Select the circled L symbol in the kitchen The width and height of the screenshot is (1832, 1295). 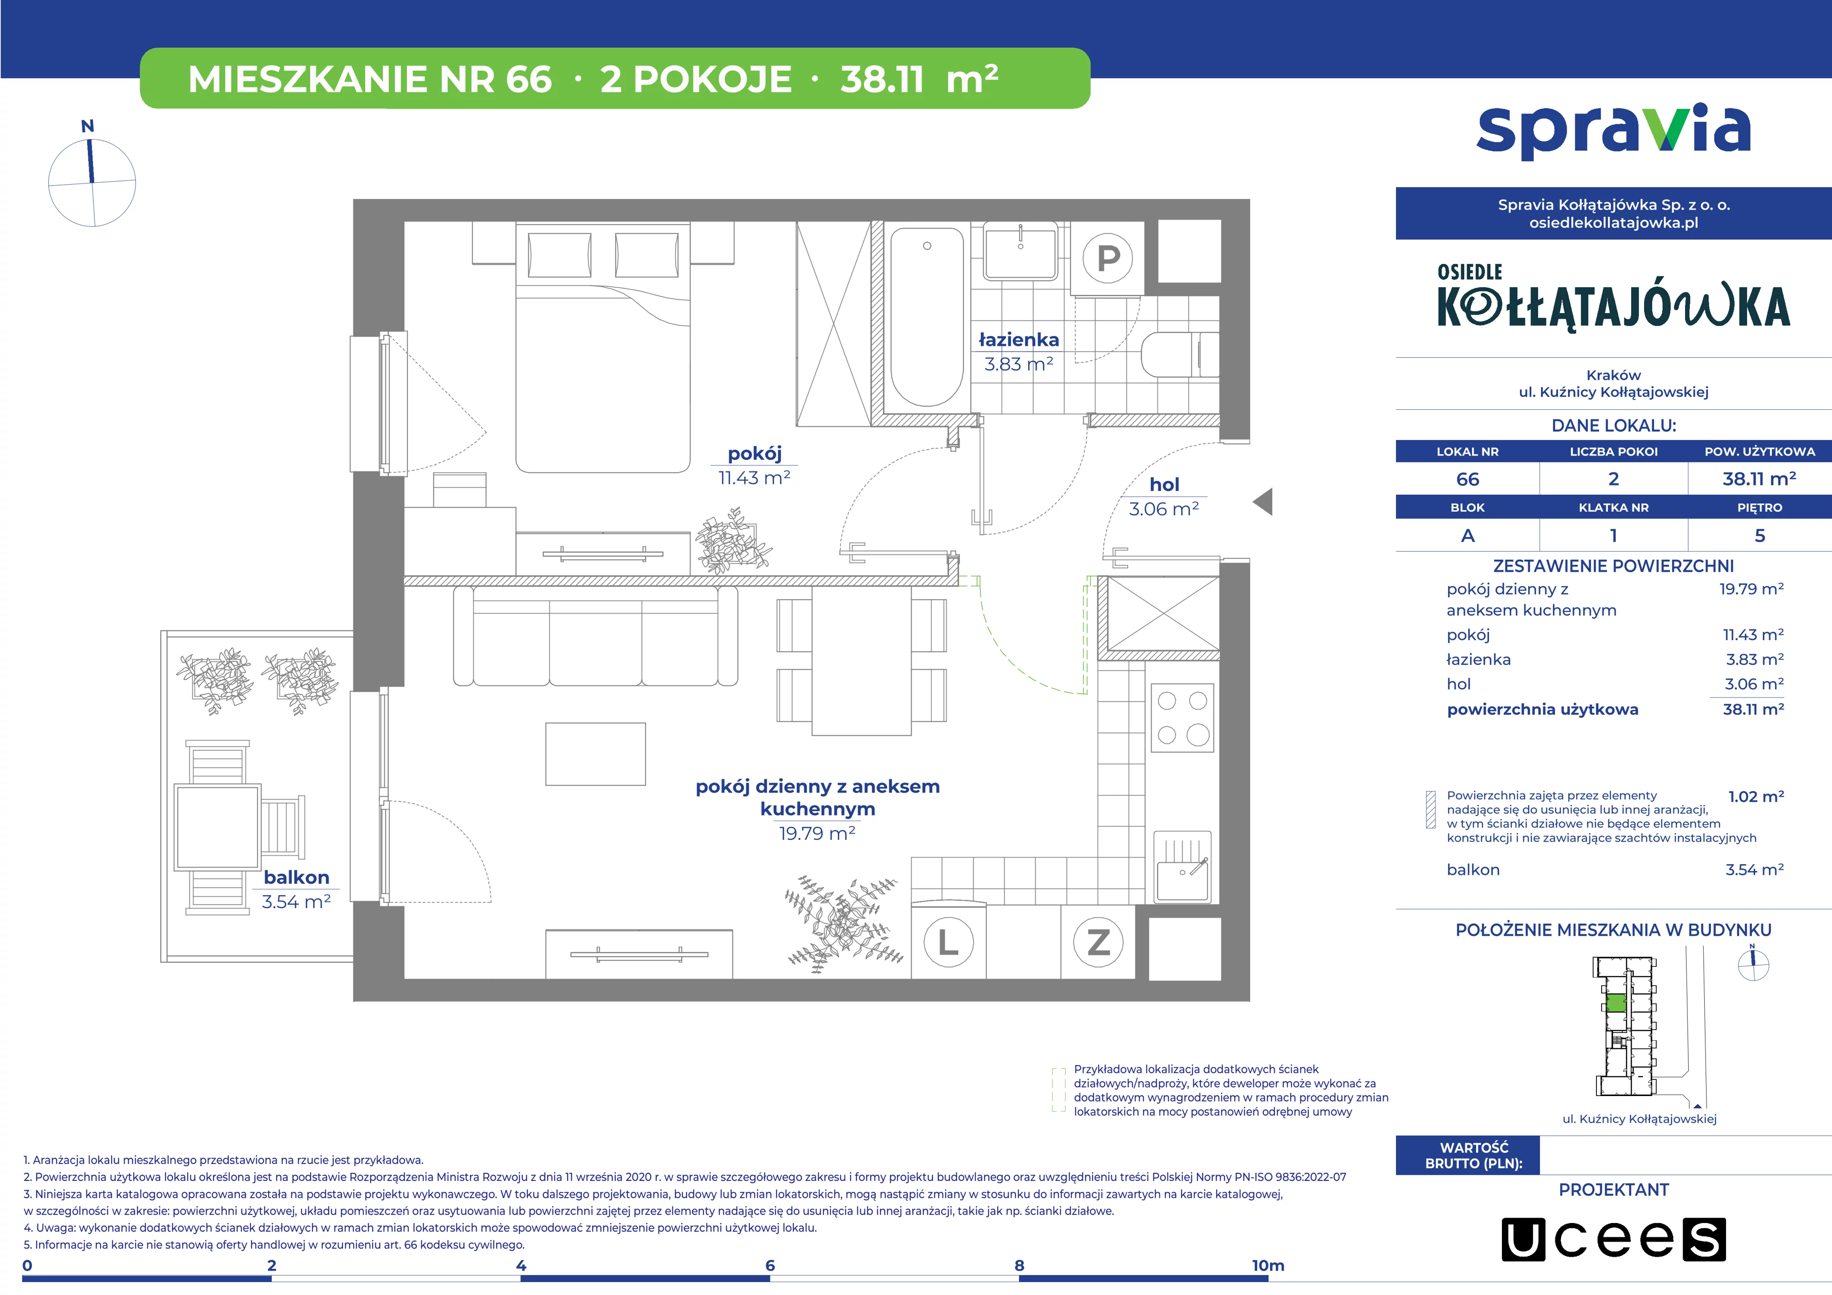point(948,942)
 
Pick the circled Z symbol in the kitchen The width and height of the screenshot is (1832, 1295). point(1099,942)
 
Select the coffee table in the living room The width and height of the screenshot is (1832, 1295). point(595,754)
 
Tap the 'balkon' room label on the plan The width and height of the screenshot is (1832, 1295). point(297,877)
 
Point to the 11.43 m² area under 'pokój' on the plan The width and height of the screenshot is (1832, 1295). point(754,478)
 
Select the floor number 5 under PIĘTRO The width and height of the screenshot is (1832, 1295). point(1759,536)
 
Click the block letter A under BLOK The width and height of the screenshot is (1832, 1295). point(1468,536)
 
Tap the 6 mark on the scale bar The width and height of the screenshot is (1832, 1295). point(770,1265)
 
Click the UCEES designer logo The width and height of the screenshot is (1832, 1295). point(1613,1239)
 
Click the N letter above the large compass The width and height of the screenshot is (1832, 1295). point(88,126)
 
